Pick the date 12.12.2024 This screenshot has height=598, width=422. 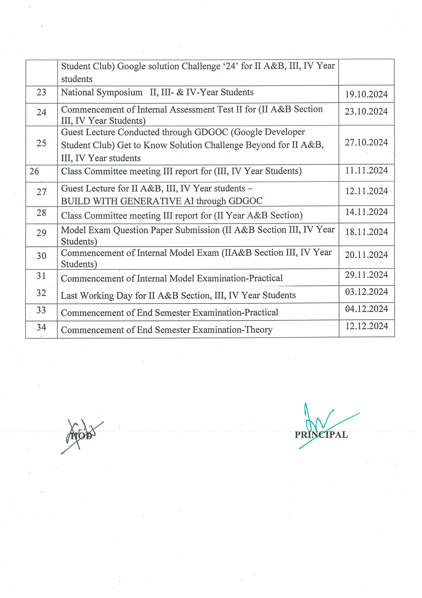pyautogui.click(x=366, y=326)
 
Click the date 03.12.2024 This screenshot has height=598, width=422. pyautogui.click(x=366, y=292)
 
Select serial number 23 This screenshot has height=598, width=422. pyautogui.click(x=41, y=92)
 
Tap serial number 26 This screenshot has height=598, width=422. pyautogui.click(x=34, y=171)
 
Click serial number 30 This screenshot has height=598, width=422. pyautogui.click(x=41, y=256)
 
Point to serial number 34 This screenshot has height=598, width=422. pyautogui.click(x=41, y=327)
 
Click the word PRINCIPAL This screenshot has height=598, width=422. pyautogui.click(x=321, y=435)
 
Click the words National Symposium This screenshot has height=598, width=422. pyautogui.click(x=102, y=93)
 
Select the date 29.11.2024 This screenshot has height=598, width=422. pyautogui.click(x=366, y=275)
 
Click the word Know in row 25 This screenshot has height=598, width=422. pyautogui.click(x=155, y=145)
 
